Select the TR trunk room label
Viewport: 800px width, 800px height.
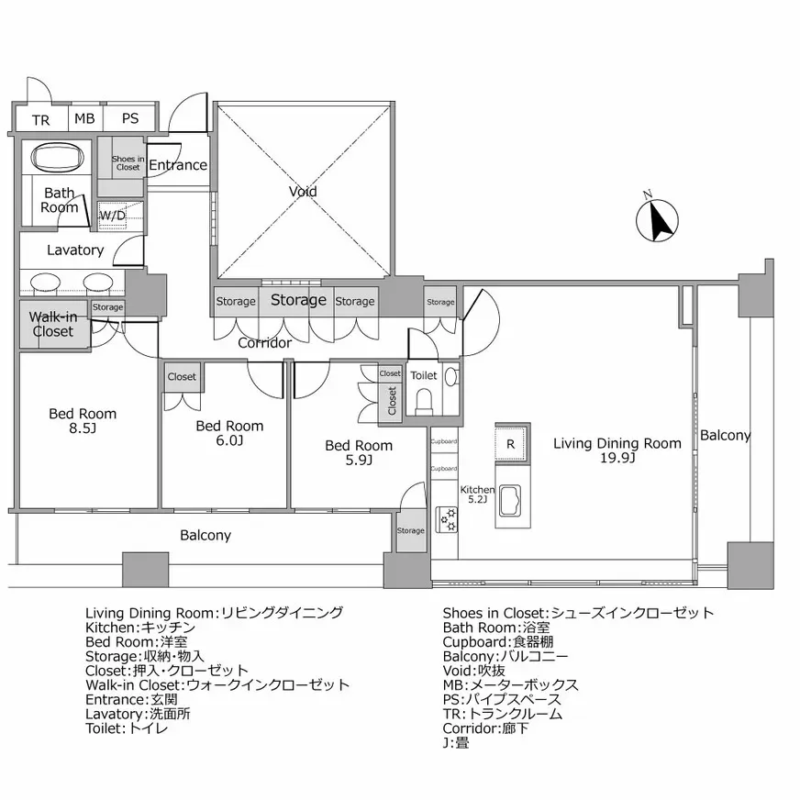pyautogui.click(x=40, y=119)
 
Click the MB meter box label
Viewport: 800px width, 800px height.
pyautogui.click(x=84, y=119)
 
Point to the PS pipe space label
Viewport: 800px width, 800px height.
pyautogui.click(x=129, y=119)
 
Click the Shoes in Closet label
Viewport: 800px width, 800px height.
pyautogui.click(x=128, y=163)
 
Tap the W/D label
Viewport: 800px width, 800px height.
pyautogui.click(x=112, y=217)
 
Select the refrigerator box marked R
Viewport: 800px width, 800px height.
pyautogui.click(x=511, y=444)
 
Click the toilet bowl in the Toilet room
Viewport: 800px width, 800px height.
pyautogui.click(x=425, y=401)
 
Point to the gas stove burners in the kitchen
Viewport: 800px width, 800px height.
pyautogui.click(x=449, y=520)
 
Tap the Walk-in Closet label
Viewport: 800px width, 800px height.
pyautogui.click(x=53, y=324)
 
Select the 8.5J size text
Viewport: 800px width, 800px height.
pyautogui.click(x=83, y=428)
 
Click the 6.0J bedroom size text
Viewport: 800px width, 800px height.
pyautogui.click(x=229, y=440)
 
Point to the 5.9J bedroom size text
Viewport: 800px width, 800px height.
pyautogui.click(x=358, y=461)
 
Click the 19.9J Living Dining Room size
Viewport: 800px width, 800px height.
pyautogui.click(x=617, y=458)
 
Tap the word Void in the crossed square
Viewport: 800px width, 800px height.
pyautogui.click(x=303, y=192)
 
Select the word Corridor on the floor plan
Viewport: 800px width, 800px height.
pyautogui.click(x=264, y=343)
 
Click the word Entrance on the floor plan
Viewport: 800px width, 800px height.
pyautogui.click(x=178, y=165)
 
